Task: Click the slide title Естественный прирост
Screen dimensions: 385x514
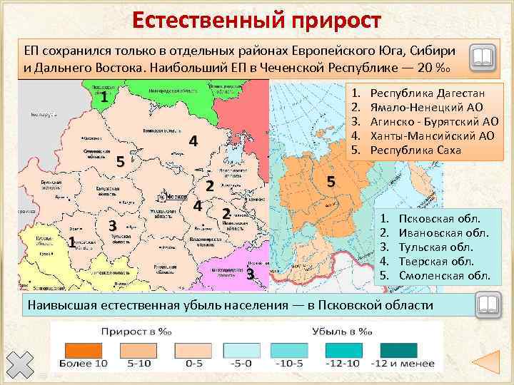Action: (256, 20)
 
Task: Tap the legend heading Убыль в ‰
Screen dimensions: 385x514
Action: (343, 332)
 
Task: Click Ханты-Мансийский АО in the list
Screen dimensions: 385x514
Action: (443, 136)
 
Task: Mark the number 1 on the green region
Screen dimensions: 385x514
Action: (104, 97)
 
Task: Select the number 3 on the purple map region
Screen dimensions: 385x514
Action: (251, 274)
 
